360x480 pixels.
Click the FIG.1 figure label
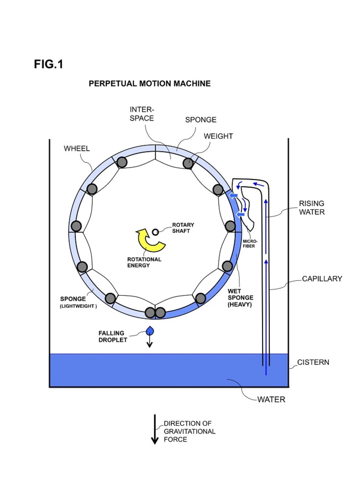coord(48,64)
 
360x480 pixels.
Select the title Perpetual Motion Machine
coord(149,84)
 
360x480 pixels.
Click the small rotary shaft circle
coord(156,232)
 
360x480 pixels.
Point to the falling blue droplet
coord(150,331)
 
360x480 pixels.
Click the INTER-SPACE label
coord(142,114)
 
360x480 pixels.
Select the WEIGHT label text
coord(218,136)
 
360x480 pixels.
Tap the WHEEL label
coord(77,148)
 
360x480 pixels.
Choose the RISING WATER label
coord(312,208)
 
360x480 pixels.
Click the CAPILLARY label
coord(322,279)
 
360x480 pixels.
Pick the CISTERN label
coord(313,362)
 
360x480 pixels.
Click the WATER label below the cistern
coord(271,400)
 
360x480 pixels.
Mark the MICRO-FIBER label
coord(248,244)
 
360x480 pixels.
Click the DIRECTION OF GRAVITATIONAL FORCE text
coord(189,431)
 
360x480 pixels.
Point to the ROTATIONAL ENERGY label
coord(144,262)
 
